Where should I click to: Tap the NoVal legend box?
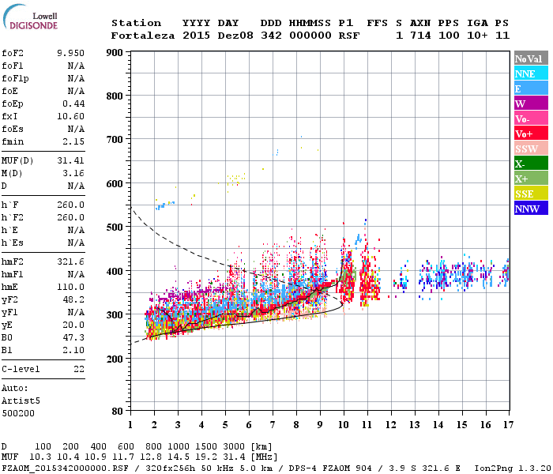(x=530, y=58)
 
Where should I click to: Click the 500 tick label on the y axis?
(x=114, y=228)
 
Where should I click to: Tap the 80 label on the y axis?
(x=117, y=412)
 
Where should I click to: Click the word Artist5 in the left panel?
(x=18, y=401)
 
